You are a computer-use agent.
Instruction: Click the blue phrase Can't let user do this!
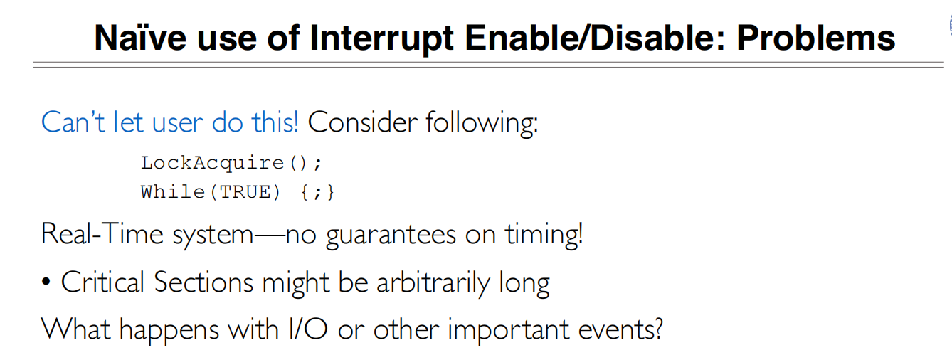click(170, 122)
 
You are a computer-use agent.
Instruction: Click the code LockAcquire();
click(232, 163)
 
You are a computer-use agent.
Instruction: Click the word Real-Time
click(104, 234)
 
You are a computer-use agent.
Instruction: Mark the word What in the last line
click(75, 329)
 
